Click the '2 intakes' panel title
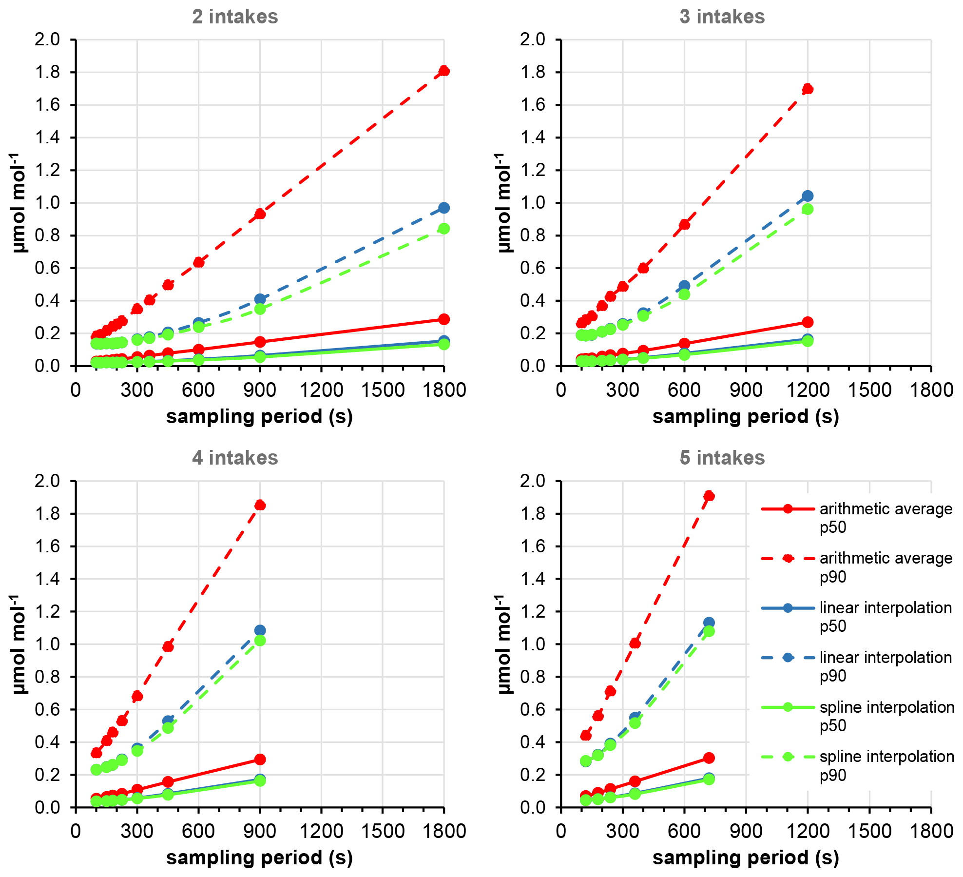coord(235,17)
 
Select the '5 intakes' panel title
coord(722,458)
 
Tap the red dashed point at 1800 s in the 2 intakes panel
coord(443,71)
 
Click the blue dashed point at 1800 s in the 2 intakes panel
coord(443,208)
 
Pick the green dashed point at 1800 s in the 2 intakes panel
coord(443,229)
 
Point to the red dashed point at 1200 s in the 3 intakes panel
coord(808,89)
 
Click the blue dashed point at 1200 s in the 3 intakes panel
coord(808,196)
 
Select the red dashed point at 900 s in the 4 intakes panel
coord(260,505)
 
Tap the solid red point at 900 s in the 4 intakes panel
coord(260,759)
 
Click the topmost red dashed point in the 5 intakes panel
coord(709,496)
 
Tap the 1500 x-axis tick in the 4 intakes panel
coord(383,831)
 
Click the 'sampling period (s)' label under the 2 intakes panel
coord(259,417)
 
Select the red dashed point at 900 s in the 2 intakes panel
coord(260,214)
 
